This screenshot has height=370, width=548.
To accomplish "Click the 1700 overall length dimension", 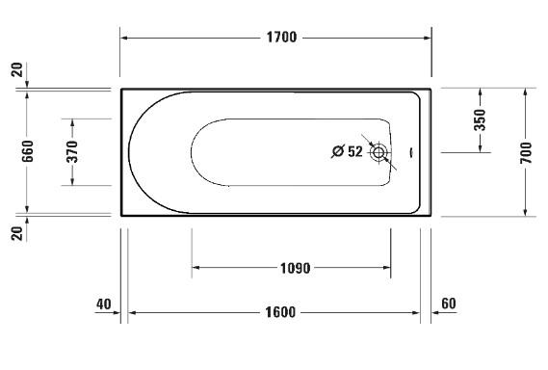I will tap(281, 38).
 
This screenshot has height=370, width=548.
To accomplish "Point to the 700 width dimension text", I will tap(525, 152).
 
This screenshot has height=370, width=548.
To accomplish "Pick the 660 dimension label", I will tap(28, 151).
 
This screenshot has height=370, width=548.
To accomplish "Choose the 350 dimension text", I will tap(480, 119).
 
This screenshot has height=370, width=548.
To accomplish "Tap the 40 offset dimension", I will tap(104, 304).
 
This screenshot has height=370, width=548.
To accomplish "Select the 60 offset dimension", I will tap(448, 304).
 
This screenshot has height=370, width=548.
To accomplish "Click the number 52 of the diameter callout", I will tap(354, 151).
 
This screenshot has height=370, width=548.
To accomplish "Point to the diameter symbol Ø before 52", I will tap(337, 151).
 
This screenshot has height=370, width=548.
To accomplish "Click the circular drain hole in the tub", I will tap(379, 151).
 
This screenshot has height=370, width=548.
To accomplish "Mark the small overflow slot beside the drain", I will tap(411, 151).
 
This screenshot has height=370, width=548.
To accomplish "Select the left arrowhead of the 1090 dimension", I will tap(196, 268).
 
